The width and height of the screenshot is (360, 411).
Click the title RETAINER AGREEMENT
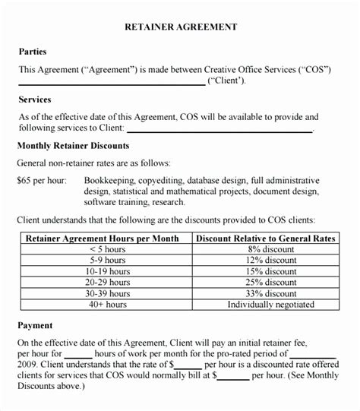[x=180, y=27]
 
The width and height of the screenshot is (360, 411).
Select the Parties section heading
[x=32, y=52]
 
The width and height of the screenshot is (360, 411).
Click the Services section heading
[x=34, y=100]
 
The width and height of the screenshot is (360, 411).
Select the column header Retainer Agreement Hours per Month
[x=102, y=239]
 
